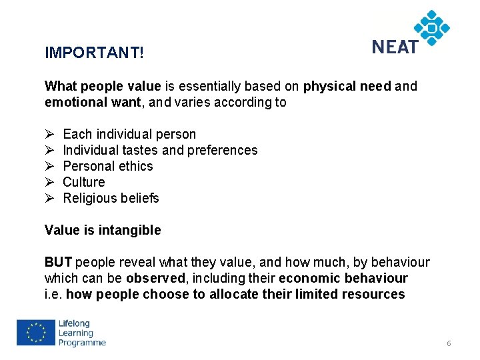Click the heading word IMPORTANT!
click(x=94, y=52)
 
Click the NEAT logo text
click(x=395, y=47)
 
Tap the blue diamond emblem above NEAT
click(x=432, y=27)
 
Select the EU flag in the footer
click(x=36, y=333)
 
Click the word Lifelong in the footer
click(x=76, y=323)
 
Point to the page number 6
click(x=449, y=343)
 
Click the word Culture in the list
click(x=84, y=182)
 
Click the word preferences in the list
click(x=222, y=150)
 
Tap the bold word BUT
click(x=58, y=262)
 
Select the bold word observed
click(x=157, y=278)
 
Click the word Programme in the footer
click(x=82, y=343)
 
